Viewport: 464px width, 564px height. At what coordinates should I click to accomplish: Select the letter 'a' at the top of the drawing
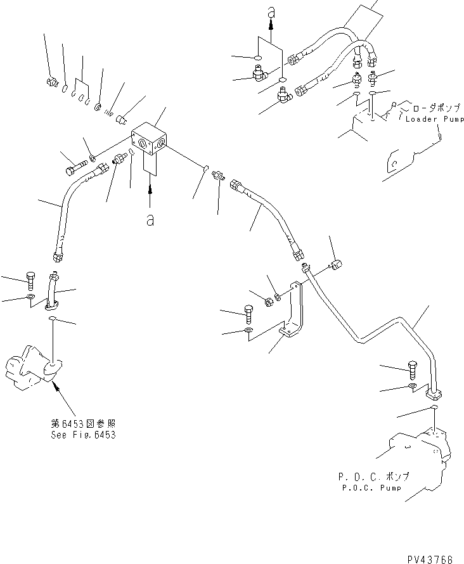pos(271,11)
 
